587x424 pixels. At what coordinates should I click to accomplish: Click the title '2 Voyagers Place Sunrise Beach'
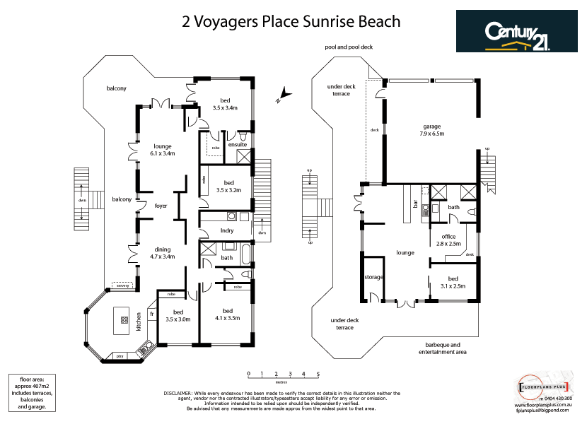click(x=291, y=22)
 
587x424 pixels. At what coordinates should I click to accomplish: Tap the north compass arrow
click(x=283, y=95)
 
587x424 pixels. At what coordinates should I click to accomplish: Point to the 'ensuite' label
click(x=236, y=144)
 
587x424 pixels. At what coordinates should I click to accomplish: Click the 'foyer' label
click(x=161, y=206)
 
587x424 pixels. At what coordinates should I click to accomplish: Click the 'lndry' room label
click(x=227, y=230)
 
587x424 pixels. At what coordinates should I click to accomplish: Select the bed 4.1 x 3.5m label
click(x=227, y=314)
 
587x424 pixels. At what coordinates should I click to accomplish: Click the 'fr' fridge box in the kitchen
click(x=151, y=314)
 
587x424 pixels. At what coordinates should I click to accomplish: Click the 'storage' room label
click(x=373, y=278)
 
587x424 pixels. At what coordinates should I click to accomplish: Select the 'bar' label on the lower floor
click(x=415, y=205)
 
